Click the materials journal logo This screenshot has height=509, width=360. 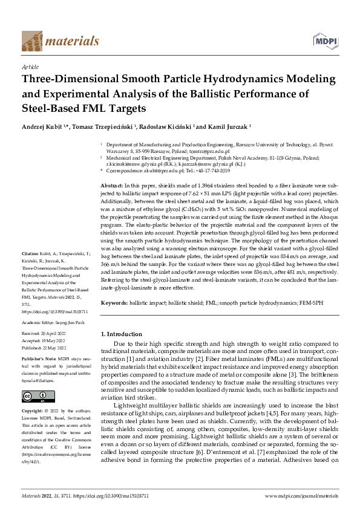tap(60, 41)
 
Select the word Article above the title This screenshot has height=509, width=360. tap(30, 66)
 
